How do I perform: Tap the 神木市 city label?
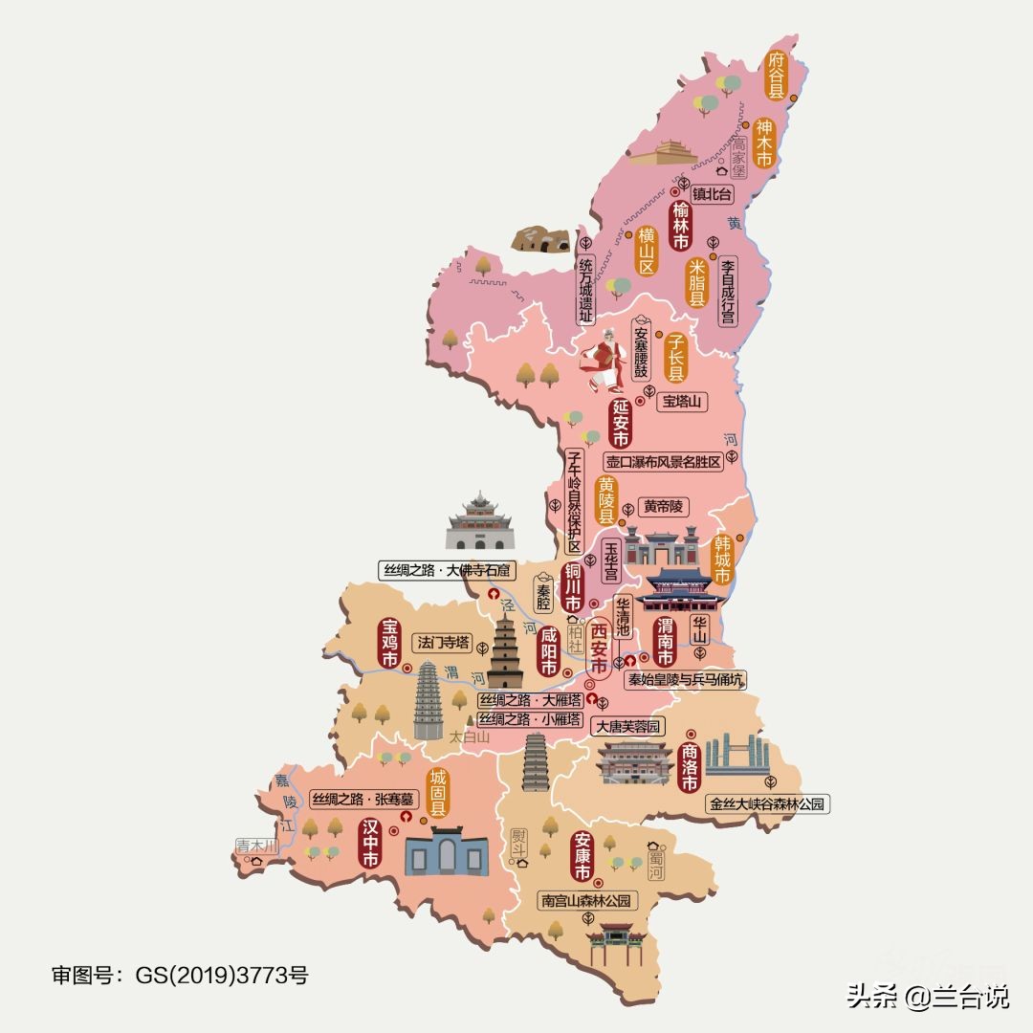[763, 143]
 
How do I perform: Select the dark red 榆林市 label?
[681, 226]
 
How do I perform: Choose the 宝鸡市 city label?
[389, 644]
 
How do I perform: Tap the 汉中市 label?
[370, 844]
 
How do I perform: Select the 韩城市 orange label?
[722, 559]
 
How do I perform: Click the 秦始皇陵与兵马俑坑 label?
[685, 679]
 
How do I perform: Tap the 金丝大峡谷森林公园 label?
[765, 804]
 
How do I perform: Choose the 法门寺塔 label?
[442, 642]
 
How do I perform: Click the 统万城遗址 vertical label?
[586, 288]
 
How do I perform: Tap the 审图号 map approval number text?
[180, 976]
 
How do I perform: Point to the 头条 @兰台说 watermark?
[927, 998]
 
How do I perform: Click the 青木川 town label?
[256, 846]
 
